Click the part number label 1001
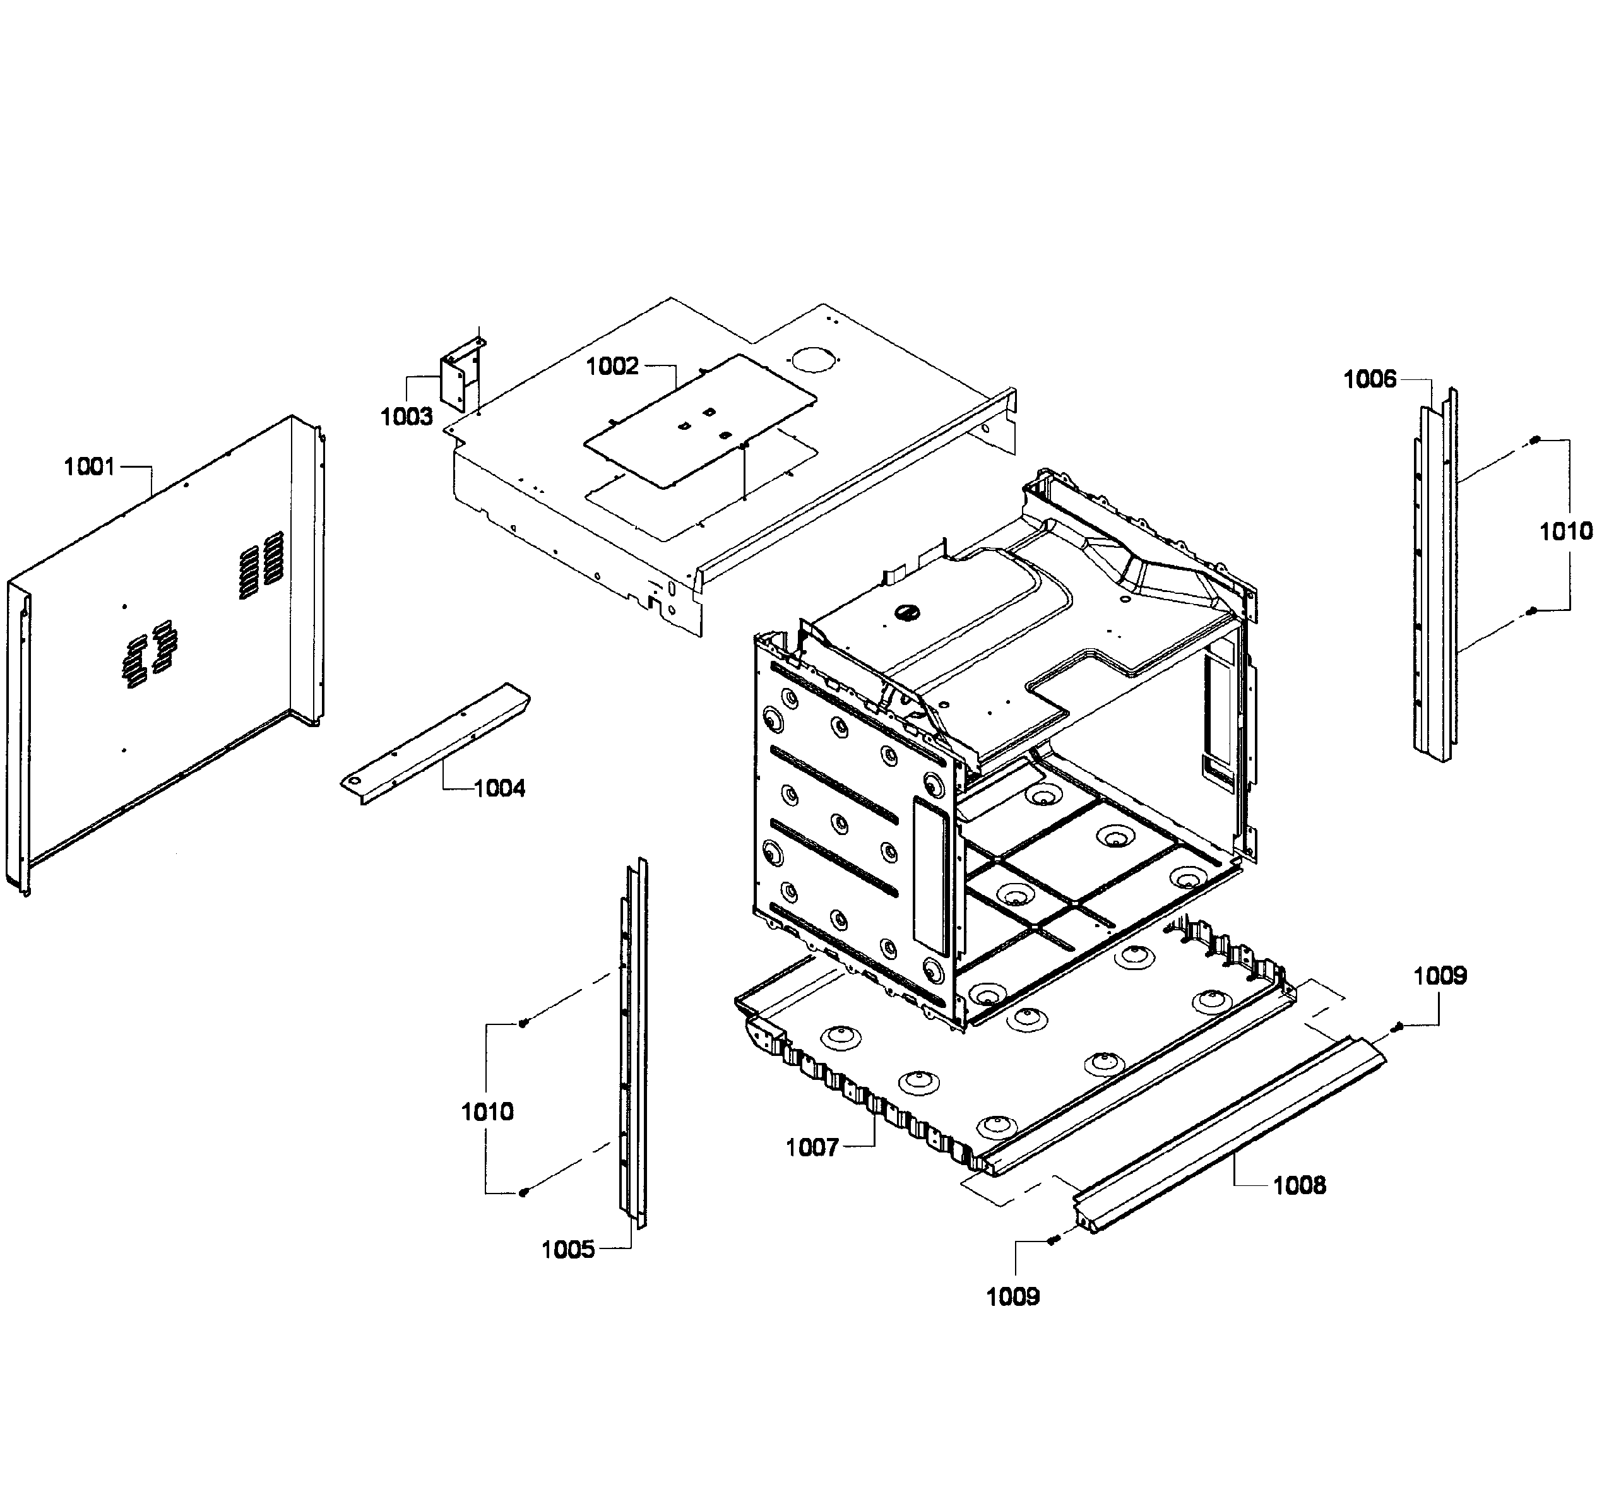[x=90, y=467]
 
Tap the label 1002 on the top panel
[x=613, y=367]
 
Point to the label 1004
[x=499, y=788]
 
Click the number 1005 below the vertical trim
[x=568, y=1250]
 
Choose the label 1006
[x=1370, y=379]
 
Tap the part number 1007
[x=812, y=1147]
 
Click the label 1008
[x=1300, y=1186]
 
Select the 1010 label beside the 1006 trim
[x=1566, y=531]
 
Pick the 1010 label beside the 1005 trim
[x=487, y=1112]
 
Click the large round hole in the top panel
[x=812, y=358]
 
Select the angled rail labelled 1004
[x=435, y=744]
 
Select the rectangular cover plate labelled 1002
[x=699, y=421]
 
